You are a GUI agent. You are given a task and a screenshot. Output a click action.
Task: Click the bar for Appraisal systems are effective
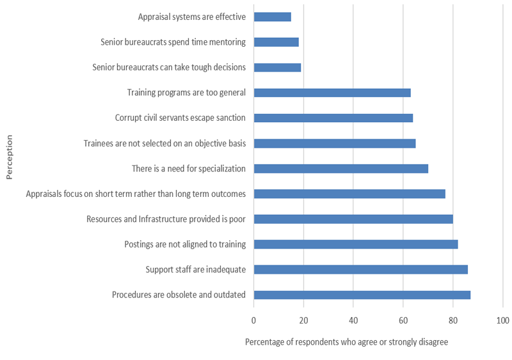pos(273,17)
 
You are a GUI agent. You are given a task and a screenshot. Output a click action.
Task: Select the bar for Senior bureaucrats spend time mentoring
pos(276,42)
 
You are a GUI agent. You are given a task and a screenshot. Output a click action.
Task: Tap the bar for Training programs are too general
pos(332,93)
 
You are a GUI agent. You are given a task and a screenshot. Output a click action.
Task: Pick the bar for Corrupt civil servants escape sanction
pos(333,118)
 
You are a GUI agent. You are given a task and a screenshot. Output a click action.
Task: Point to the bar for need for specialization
pos(341,168)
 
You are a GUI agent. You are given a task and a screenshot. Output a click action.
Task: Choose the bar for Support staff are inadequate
pos(361,269)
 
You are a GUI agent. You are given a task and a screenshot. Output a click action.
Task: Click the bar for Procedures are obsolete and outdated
pos(362,295)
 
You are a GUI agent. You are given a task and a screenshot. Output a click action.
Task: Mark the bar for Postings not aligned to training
pos(356,244)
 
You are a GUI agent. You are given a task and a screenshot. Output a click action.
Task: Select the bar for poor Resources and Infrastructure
pos(353,219)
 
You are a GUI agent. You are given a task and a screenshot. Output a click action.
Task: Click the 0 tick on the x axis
pos(254,320)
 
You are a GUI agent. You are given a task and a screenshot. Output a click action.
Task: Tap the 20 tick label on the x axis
pos(304,320)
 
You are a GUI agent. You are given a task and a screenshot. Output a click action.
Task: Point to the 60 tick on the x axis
pos(403,320)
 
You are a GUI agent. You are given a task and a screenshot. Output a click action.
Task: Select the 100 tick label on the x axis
pos(502,320)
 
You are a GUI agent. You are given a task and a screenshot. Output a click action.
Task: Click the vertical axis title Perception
pos(9,156)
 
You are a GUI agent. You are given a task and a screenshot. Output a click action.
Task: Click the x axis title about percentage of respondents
pos(346,342)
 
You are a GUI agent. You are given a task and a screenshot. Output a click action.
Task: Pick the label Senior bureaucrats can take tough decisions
pos(169,67)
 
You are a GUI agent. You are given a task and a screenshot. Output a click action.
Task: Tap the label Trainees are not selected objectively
pos(164,143)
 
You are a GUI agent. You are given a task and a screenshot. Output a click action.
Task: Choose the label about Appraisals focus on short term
pos(136,194)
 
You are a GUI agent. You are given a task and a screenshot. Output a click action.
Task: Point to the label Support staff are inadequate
pos(195,269)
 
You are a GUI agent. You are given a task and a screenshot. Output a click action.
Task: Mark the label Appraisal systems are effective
pos(191,17)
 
